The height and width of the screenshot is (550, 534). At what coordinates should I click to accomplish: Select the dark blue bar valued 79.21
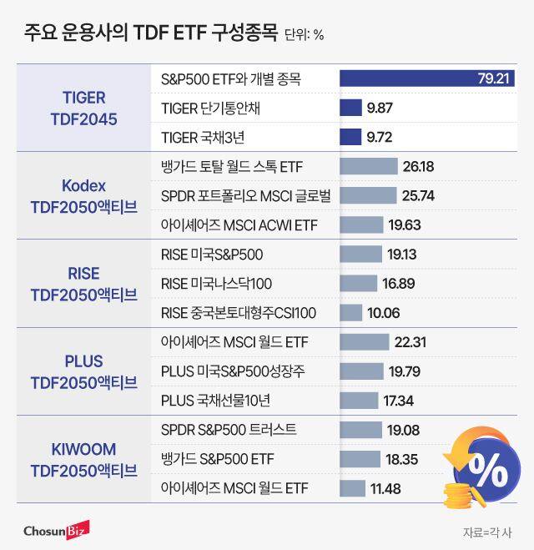[426, 79]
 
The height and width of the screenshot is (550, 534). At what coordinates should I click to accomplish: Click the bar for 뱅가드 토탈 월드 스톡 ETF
[369, 166]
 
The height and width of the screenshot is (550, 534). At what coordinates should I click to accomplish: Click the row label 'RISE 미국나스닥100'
[215, 284]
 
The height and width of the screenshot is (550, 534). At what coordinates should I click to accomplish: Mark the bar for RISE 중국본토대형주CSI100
[351, 313]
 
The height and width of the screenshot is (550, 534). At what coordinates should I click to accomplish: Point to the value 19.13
[403, 255]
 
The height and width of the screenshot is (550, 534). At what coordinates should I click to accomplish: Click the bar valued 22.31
[365, 342]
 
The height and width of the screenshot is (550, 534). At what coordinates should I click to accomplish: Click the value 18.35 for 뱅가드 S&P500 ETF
[401, 459]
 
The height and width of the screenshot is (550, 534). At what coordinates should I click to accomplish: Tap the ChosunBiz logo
[54, 529]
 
